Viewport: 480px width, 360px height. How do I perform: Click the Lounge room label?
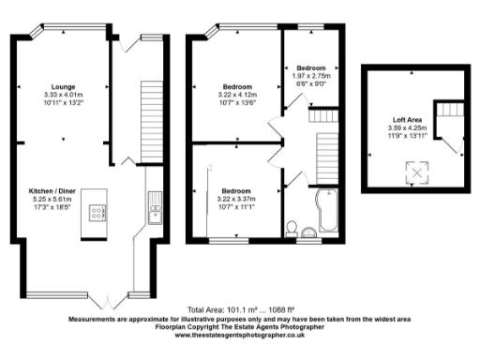(64, 86)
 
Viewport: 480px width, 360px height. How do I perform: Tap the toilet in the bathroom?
(293, 228)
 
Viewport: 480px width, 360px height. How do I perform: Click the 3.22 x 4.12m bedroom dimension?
(234, 95)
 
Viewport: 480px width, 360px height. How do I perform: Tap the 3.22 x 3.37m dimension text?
(234, 198)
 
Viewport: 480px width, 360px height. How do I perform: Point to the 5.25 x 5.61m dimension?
(64, 198)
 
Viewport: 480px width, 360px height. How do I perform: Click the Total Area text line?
(239, 309)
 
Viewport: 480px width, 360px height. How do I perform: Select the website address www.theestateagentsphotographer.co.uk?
(239, 335)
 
